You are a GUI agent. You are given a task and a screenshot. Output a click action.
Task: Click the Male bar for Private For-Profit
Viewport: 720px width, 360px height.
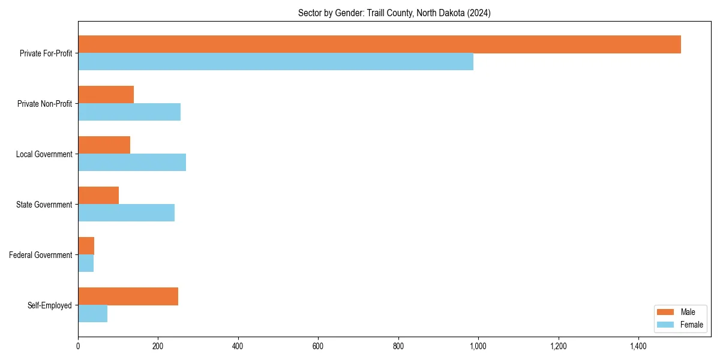click(379, 44)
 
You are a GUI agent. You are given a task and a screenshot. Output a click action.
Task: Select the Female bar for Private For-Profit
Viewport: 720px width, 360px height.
click(275, 62)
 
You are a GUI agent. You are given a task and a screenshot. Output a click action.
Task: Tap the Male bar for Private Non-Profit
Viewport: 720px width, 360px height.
click(106, 95)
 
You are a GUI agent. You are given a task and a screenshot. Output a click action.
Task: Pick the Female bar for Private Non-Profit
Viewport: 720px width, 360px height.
click(129, 112)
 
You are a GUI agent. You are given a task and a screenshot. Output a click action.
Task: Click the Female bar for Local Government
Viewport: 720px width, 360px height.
click(132, 163)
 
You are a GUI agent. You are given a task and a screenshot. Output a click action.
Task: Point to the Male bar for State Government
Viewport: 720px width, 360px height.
click(98, 196)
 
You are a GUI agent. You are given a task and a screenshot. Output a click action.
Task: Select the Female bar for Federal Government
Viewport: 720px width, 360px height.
click(86, 263)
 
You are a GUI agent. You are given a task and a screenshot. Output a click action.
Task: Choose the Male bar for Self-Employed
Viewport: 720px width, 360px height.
click(128, 296)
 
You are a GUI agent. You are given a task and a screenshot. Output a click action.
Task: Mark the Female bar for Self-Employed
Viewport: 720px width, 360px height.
click(92, 314)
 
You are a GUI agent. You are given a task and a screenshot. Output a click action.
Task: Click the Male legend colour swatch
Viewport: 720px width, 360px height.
click(666, 312)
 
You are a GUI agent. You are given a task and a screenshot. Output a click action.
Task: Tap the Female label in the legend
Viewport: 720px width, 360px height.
click(691, 325)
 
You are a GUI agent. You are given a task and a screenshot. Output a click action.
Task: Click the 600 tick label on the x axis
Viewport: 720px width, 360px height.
click(318, 346)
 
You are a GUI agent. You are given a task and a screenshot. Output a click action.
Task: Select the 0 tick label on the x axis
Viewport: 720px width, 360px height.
click(78, 346)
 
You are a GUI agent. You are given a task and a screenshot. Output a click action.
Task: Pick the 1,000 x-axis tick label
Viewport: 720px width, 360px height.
click(478, 346)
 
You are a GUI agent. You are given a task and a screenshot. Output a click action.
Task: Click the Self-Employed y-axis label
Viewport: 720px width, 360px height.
click(50, 305)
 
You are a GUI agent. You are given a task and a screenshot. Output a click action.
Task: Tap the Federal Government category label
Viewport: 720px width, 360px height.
click(41, 255)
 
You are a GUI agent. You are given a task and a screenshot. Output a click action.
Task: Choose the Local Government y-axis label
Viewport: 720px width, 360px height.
click(44, 154)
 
